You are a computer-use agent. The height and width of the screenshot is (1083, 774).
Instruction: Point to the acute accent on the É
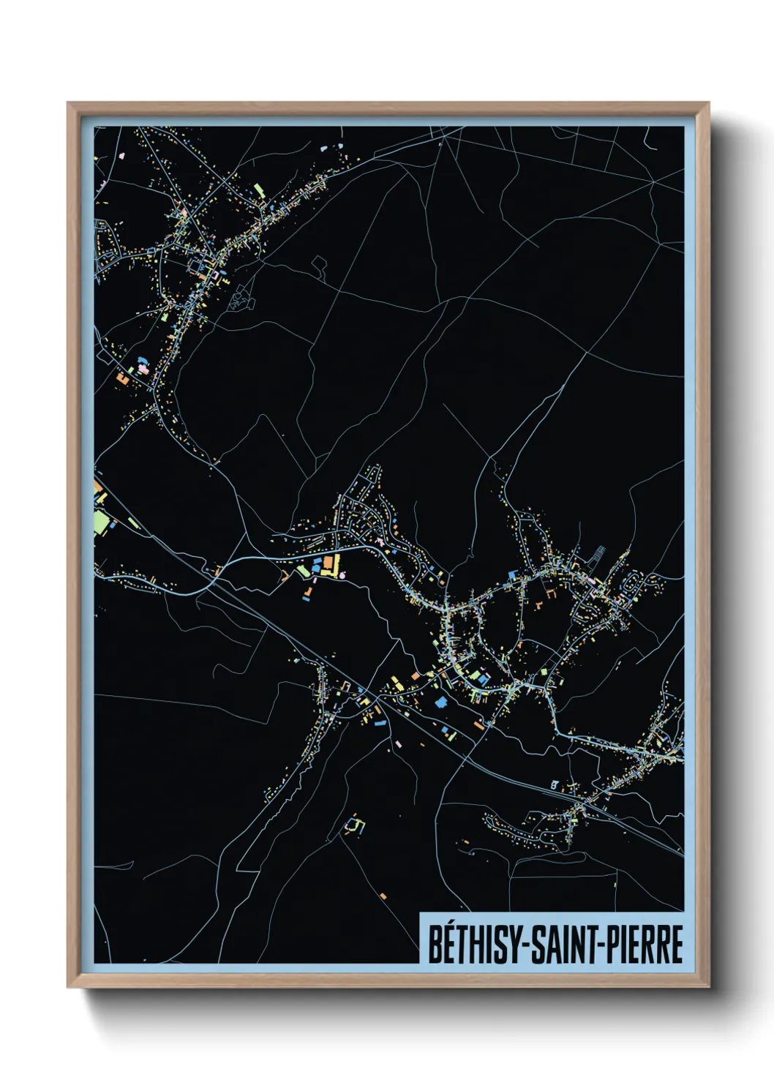pos(448,925)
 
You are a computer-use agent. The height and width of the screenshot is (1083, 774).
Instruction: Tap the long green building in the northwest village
pos(258,192)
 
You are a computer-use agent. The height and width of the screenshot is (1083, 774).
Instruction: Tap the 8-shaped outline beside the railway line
pos(554,785)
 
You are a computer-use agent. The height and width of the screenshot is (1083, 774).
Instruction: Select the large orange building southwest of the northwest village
pos(121,379)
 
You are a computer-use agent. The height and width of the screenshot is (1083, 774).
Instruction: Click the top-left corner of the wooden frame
pos(68,103)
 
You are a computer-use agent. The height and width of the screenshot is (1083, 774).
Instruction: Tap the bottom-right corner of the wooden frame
pos(708,987)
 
